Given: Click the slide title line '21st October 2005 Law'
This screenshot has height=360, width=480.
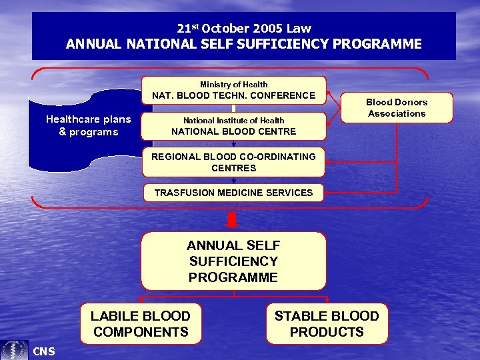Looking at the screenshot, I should tap(244, 28).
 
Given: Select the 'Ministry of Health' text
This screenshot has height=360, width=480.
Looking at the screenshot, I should tap(233, 85).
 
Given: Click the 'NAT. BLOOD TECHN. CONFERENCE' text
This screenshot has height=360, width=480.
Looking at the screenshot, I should tap(233, 95).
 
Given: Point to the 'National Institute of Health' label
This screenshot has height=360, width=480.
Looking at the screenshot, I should tap(233, 121).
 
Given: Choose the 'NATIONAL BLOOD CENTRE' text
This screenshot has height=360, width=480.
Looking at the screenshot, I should tap(233, 131).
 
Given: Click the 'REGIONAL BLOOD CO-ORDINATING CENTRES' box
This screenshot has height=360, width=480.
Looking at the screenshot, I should tap(233, 162).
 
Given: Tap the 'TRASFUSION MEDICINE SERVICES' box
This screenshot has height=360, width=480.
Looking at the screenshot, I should tap(233, 193).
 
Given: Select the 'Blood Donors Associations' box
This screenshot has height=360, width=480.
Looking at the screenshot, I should tap(397, 108).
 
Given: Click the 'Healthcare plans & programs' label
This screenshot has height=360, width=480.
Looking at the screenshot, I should tap(88, 125).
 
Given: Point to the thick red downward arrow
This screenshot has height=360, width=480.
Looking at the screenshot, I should tap(233, 219).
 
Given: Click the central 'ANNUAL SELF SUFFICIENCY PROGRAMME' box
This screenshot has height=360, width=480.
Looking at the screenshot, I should tap(233, 261).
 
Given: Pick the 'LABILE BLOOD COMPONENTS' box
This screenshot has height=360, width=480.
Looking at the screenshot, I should tap(141, 324).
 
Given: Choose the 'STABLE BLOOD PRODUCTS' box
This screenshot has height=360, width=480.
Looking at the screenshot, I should tap(327, 324).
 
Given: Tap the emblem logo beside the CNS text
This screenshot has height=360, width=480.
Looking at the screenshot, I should tap(14, 350).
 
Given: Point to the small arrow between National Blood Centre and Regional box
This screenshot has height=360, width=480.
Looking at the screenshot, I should tap(233, 143).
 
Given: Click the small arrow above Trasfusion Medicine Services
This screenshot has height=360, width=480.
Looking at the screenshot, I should tap(233, 180).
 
